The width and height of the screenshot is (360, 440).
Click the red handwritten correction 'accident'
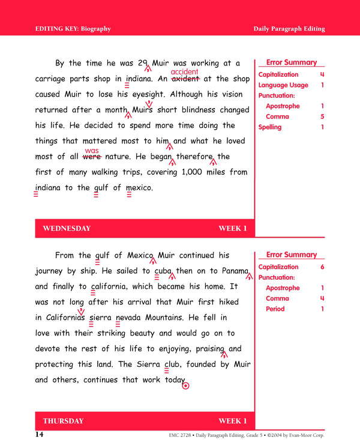point(184,72)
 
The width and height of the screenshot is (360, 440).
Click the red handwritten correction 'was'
point(92,151)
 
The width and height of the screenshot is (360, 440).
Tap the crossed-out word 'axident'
point(186,79)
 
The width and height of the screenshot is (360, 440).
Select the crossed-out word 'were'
point(91,157)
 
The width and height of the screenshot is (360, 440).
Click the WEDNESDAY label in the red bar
point(67,229)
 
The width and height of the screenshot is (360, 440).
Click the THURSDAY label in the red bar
point(63,421)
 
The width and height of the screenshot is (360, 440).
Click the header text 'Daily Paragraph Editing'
point(289,29)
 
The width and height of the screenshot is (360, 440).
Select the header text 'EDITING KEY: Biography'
point(73,29)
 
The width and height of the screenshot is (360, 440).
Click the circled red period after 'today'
point(185,386)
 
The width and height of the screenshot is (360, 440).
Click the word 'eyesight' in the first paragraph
point(149,95)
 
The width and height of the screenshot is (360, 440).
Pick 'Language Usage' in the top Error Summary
point(283,85)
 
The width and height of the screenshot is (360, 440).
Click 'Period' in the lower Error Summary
point(275,309)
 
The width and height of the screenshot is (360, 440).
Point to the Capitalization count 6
point(322,267)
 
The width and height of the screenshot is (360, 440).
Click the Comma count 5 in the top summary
point(322,116)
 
